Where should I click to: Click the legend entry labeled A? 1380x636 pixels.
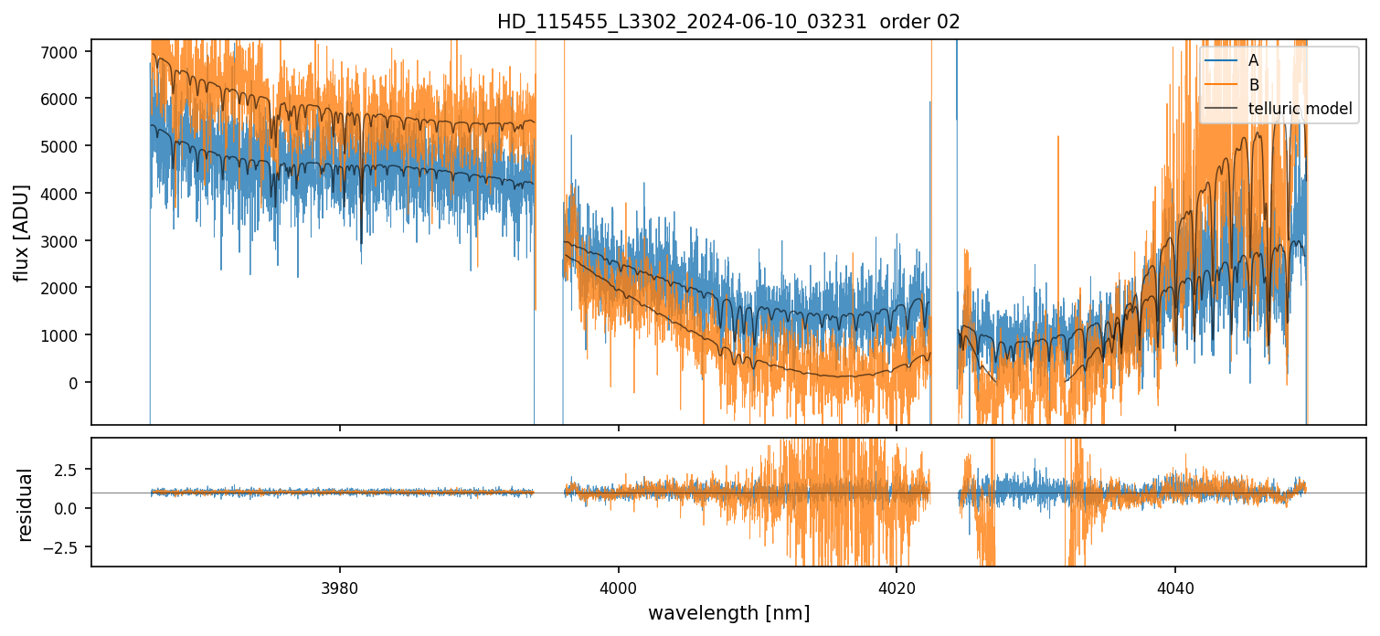point(1253,60)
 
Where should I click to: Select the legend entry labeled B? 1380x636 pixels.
point(1253,85)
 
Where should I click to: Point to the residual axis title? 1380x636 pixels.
point(25,504)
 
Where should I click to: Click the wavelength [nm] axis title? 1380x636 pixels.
point(728,613)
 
